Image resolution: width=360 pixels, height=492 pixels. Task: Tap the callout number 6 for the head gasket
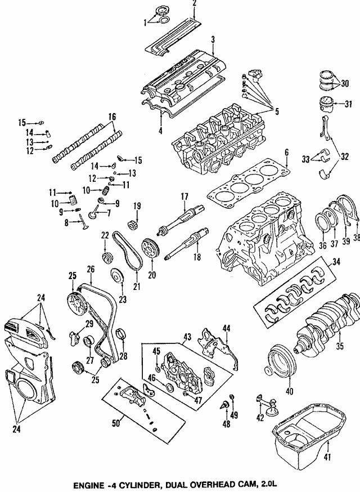point(286,153)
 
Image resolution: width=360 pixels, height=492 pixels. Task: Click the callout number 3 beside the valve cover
point(213,39)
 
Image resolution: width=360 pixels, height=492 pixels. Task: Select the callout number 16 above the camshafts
point(112,117)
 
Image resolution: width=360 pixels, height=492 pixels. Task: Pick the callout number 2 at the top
point(194,3)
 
